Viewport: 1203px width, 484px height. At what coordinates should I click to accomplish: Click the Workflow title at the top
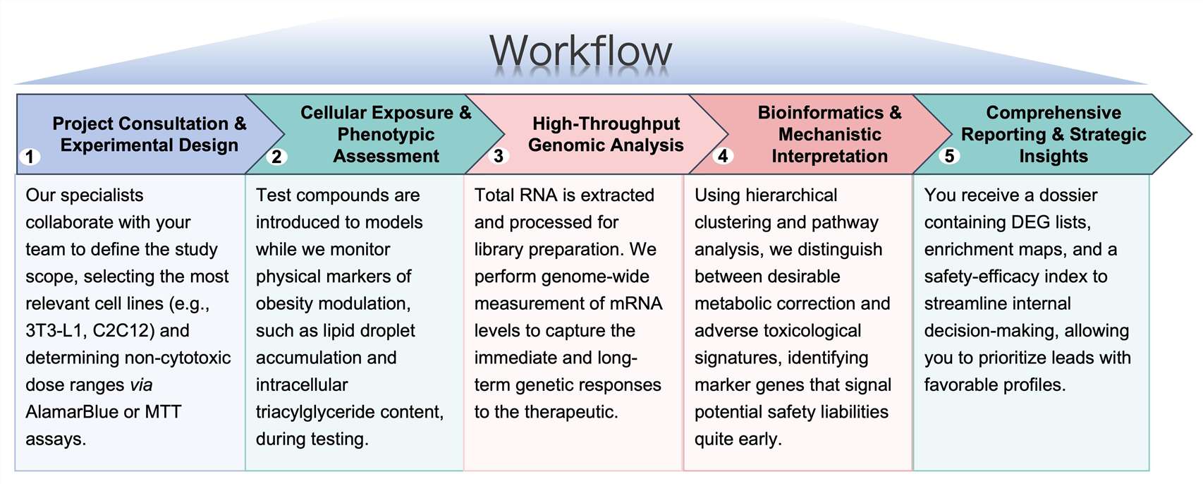[580, 51]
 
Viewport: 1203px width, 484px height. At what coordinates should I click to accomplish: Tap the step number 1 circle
[30, 156]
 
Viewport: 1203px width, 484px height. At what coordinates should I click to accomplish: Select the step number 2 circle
[276, 156]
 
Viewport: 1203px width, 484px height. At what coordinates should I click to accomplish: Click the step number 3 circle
[499, 156]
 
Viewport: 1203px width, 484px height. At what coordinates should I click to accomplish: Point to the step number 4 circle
[723, 156]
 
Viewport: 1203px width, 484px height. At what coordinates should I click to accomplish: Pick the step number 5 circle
[950, 156]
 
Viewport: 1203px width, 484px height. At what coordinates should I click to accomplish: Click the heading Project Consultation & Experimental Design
[149, 134]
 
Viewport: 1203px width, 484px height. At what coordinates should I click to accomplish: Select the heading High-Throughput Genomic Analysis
[606, 134]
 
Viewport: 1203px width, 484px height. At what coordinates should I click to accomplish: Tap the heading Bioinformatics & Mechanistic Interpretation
[829, 134]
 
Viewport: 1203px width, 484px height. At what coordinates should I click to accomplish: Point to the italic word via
[141, 385]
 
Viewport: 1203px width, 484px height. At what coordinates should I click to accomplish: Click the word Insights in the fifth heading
[1053, 156]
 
